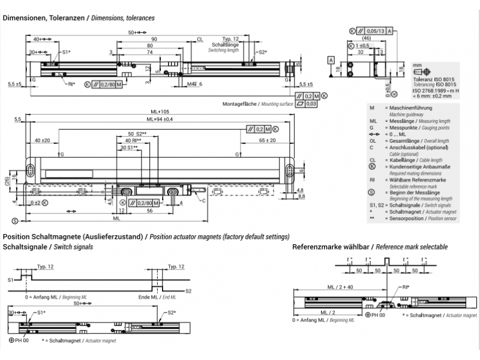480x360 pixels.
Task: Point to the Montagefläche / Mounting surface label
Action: [257, 104]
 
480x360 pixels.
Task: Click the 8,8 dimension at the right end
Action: [302, 196]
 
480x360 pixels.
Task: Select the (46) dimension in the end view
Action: [367, 38]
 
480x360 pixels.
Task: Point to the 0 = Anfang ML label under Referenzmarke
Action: [320, 321]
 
